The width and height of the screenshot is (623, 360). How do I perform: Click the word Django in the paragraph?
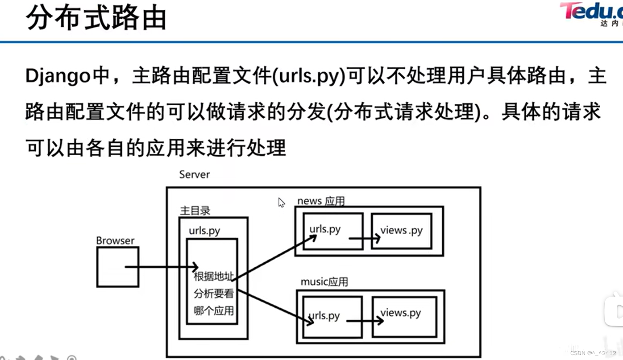click(58, 77)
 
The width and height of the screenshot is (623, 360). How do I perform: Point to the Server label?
click(194, 174)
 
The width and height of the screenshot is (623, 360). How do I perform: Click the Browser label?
click(115, 240)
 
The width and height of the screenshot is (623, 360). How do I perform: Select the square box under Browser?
click(118, 267)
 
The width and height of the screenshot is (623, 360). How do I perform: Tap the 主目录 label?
click(195, 211)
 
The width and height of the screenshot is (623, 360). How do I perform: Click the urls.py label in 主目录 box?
click(204, 231)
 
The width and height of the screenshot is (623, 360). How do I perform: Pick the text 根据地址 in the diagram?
click(213, 277)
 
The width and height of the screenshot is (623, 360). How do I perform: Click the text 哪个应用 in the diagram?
click(214, 310)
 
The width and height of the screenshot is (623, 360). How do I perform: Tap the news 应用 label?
click(321, 201)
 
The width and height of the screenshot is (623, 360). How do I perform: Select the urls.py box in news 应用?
click(332, 230)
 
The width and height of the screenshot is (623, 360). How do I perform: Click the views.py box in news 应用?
click(401, 231)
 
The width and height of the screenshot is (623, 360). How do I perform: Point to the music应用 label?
click(324, 282)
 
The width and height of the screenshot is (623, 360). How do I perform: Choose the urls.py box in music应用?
click(332, 316)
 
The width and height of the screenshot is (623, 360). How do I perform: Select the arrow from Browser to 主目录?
click(161, 267)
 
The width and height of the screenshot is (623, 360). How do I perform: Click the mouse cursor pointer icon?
click(281, 203)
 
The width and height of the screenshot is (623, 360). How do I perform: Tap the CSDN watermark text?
click(593, 353)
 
